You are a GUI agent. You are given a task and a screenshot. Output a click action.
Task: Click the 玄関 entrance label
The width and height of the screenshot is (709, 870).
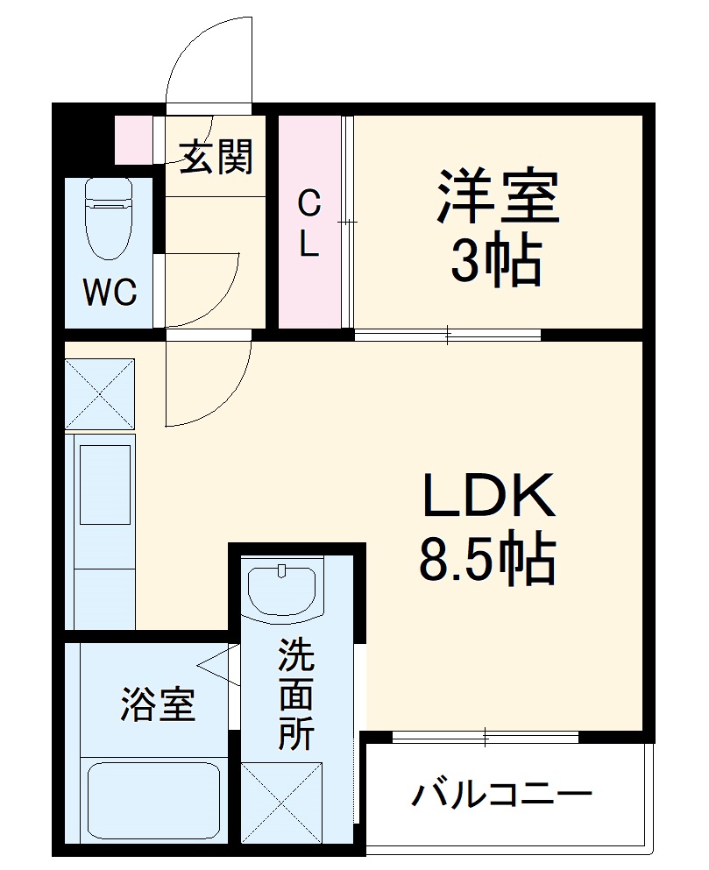pos(217,158)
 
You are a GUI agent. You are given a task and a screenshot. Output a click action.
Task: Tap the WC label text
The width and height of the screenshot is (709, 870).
pos(110,293)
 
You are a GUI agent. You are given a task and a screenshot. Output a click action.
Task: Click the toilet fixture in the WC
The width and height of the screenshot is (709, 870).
pos(109,216)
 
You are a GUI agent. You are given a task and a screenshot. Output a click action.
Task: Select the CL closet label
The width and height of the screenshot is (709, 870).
pos(308,224)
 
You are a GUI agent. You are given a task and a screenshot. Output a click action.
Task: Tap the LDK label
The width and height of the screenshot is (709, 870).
pos(489,496)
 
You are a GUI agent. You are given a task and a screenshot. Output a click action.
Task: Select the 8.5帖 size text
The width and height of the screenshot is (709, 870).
pos(487,561)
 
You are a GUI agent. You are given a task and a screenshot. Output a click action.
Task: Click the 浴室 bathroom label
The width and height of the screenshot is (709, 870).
pos(158,704)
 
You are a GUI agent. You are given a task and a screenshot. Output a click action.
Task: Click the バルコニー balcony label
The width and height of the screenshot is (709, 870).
pos(502,796)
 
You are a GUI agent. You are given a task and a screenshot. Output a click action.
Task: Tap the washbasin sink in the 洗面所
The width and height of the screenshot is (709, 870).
pos(281,589)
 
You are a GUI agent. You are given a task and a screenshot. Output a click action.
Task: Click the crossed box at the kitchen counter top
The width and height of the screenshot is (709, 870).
pos(99,393)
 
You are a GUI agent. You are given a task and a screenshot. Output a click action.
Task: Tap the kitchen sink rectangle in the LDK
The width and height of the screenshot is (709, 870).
pos(106,484)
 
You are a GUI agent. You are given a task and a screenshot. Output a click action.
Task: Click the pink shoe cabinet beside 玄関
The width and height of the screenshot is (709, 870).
pos(135,139)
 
